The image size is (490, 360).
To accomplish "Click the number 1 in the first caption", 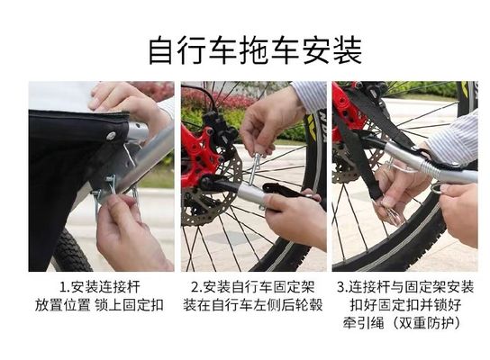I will pyautogui.click(x=64, y=288).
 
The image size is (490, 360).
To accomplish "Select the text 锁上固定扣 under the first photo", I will pyautogui.click(x=132, y=305).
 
